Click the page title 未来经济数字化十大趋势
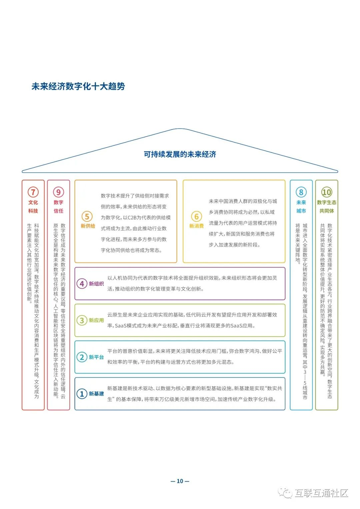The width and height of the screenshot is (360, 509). [78, 86]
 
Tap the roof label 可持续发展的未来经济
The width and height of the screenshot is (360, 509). [180, 154]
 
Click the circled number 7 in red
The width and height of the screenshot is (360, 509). [33, 192]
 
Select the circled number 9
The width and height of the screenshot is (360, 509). [58, 192]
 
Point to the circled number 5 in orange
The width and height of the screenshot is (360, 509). [87, 216]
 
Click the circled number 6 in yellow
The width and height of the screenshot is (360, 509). [196, 216]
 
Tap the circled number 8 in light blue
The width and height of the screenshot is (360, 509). [301, 192]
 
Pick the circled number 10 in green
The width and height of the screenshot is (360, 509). [327, 192]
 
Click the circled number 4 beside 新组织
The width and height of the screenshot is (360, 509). [82, 284]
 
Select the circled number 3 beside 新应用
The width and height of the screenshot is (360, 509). [82, 321]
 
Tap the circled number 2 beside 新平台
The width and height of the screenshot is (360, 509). [82, 357]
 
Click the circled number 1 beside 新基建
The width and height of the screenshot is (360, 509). [82, 394]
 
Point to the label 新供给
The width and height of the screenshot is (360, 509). [88, 226]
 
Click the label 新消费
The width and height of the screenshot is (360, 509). [197, 226]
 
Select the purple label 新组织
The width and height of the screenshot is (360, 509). [96, 284]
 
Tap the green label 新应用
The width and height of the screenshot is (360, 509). [96, 321]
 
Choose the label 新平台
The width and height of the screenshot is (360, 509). [96, 357]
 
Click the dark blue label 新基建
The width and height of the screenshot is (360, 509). [96, 394]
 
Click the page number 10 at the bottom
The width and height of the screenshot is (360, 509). [180, 481]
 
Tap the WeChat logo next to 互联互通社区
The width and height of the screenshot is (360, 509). [285, 493]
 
